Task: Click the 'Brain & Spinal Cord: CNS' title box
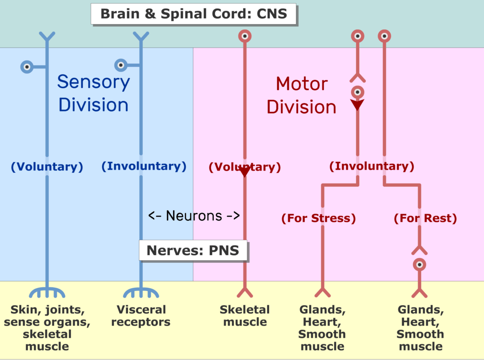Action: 193,13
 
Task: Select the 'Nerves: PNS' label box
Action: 193,250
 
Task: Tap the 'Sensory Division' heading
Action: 93,93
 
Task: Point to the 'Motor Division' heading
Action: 301,95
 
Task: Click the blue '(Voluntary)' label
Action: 47,167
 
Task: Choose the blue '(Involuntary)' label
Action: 144,166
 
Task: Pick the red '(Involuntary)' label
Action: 372,166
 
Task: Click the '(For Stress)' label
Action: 318,218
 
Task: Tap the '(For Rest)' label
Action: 425,218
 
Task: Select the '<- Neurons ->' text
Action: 194,216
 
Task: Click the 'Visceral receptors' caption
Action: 141,316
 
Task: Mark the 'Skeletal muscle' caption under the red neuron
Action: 245,316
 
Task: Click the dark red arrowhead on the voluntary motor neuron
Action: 244,172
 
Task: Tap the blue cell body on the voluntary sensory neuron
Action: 27,67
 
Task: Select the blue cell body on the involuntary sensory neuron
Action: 121,65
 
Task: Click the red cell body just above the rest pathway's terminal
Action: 419,264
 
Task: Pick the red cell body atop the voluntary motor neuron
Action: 244,36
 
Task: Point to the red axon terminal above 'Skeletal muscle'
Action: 245,292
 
